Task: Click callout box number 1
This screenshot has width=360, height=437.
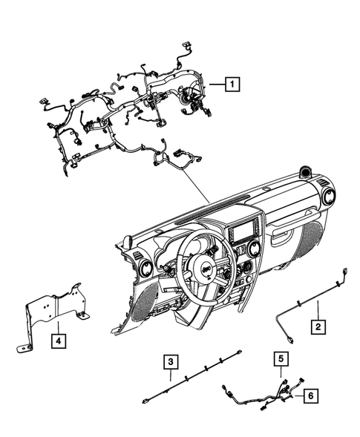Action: [233, 85]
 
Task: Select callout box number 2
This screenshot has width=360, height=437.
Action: [318, 324]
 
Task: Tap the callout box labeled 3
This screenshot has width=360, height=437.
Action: [171, 362]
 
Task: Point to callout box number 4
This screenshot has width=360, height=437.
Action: [57, 341]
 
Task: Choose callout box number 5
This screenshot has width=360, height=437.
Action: [281, 359]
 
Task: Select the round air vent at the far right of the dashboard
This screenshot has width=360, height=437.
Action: [326, 197]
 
